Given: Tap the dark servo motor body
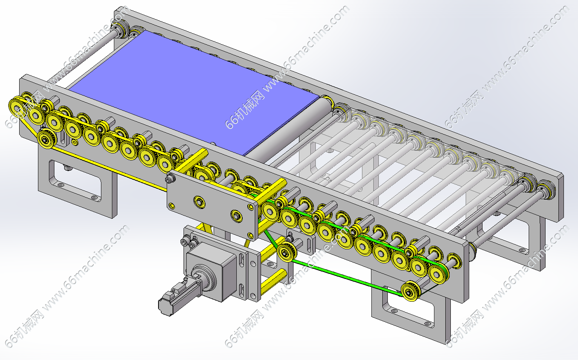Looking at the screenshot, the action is click(178, 297).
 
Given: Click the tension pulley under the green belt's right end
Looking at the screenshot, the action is click(411, 292).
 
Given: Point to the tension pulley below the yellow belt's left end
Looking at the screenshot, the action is click(46, 139).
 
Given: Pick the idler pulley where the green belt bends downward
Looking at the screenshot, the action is click(287, 252).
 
